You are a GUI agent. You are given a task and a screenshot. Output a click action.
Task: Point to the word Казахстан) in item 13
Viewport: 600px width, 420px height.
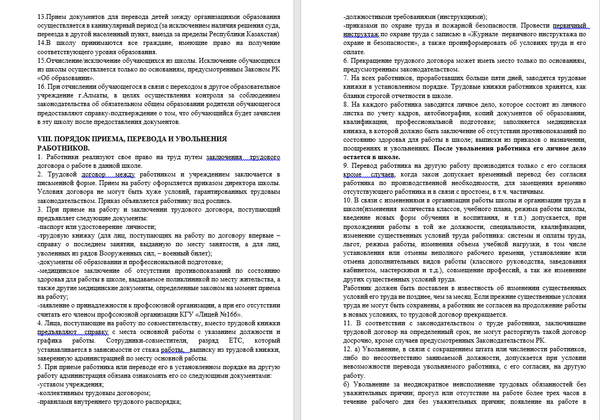[x=262, y=34]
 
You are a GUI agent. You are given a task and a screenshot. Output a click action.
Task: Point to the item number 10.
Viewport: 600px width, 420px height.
[x=348, y=200]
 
